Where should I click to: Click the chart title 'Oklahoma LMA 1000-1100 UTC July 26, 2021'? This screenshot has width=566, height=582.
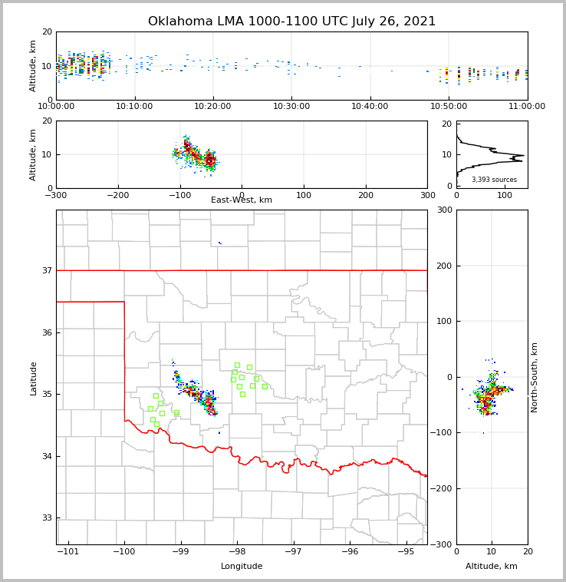point(291,21)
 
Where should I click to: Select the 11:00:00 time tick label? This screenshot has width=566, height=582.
point(527,107)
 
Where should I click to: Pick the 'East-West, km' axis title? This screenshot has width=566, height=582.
point(242,200)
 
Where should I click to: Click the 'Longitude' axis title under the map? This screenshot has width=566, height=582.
point(242,567)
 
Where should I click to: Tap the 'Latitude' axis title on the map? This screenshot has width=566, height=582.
point(34,378)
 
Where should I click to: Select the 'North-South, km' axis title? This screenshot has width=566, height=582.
point(535,377)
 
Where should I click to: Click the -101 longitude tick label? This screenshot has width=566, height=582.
point(68,552)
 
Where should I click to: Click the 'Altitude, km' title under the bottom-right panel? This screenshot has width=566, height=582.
point(492,567)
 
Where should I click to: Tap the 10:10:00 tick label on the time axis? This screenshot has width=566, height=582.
point(134,107)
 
